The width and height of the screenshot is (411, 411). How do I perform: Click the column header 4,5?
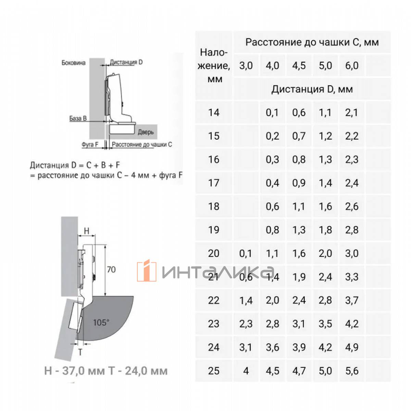tap(299, 65)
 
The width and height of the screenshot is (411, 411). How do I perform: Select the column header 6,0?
tap(352, 65)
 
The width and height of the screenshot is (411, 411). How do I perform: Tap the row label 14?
tap(213, 113)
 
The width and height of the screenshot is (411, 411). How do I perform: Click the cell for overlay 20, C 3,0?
tap(246, 253)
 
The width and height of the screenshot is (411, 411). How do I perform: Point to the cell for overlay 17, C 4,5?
tap(299, 183)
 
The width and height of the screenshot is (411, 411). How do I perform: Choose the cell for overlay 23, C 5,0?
tap(325, 324)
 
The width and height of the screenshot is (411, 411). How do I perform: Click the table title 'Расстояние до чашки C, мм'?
tap(312, 42)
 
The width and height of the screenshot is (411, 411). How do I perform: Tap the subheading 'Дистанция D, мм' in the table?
tap(312, 89)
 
